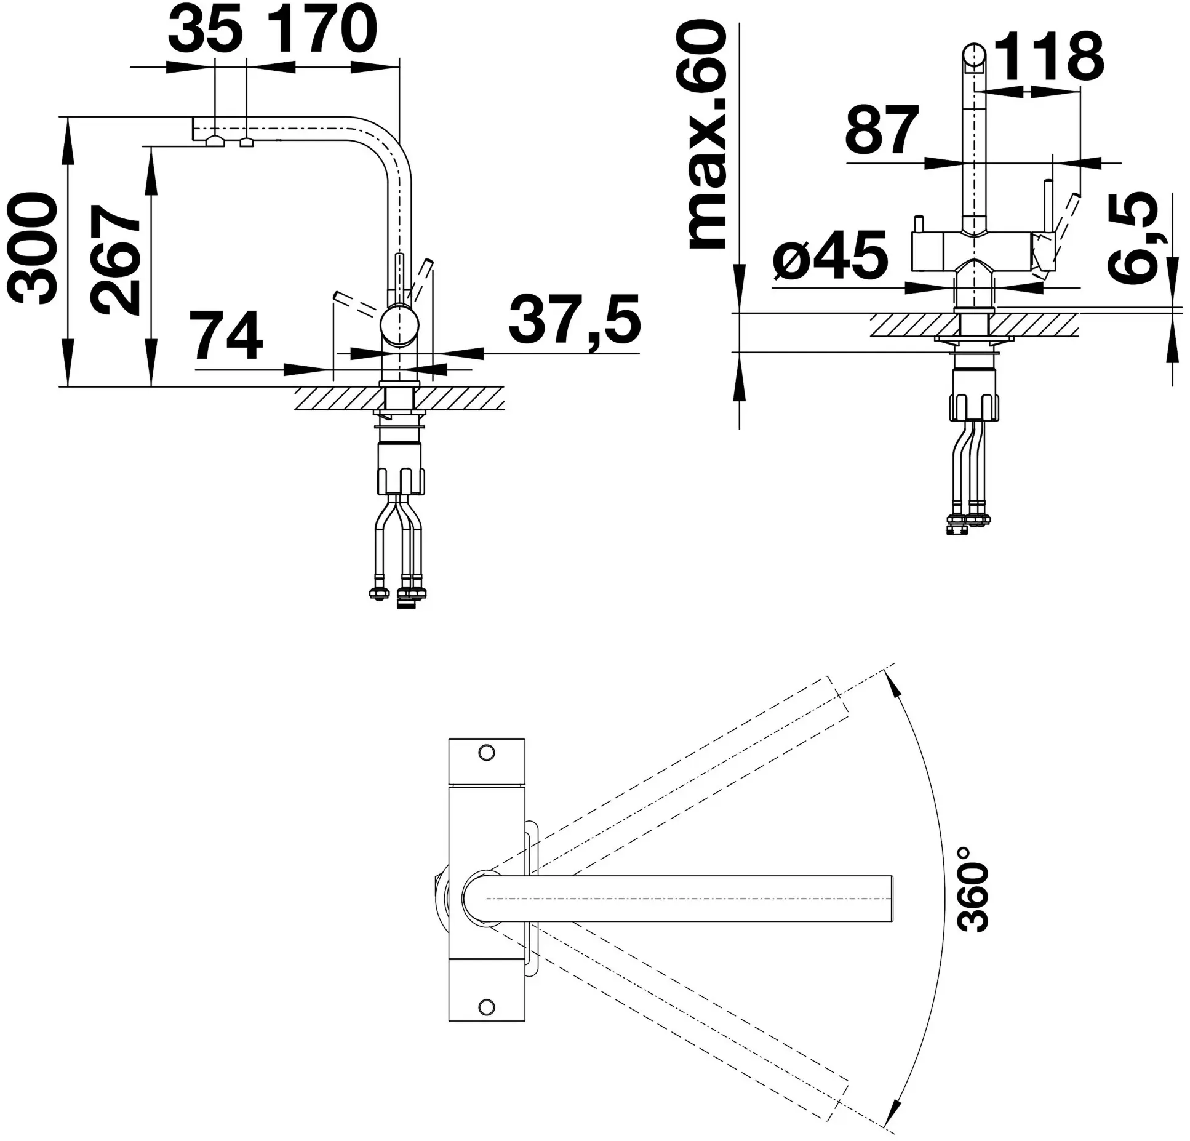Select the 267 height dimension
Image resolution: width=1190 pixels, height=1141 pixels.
tap(116, 260)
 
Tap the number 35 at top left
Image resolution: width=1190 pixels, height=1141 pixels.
tap(205, 29)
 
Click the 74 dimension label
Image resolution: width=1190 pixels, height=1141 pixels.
tap(226, 335)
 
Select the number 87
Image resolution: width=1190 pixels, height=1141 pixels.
tap(882, 131)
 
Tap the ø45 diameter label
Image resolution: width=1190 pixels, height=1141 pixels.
tap(831, 255)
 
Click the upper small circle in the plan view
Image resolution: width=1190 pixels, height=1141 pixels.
tap(487, 752)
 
